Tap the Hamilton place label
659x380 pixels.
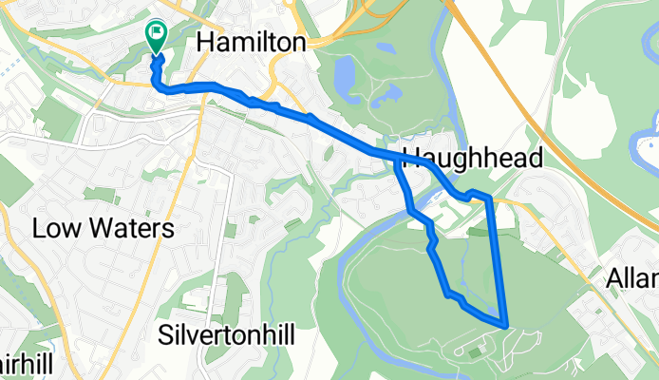[252, 42]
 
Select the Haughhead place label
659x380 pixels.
[472, 157]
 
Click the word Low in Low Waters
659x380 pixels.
[58, 229]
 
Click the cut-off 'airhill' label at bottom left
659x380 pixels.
[19, 365]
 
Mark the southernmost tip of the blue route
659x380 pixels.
[505, 324]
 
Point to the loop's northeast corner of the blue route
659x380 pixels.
[488, 197]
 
